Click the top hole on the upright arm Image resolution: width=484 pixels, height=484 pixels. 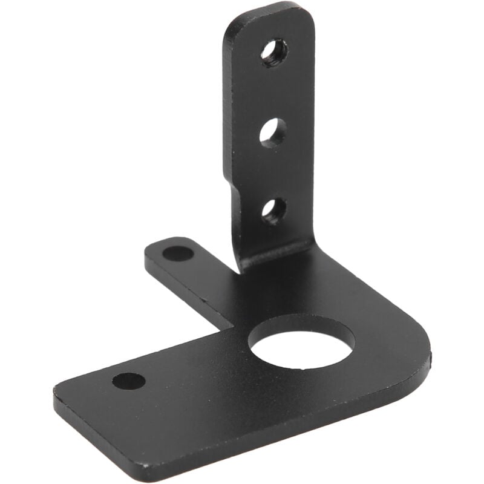click(x=274, y=53)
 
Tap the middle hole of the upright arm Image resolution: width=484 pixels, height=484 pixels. click(x=273, y=132)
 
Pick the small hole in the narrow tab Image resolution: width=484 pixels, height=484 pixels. click(x=177, y=253)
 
